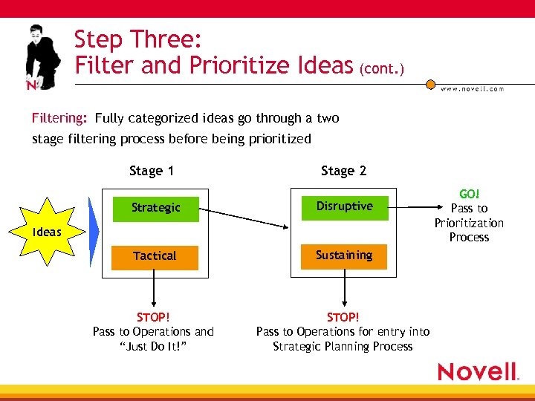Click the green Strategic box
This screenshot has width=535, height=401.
click(155, 207)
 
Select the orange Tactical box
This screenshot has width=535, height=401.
click(155, 256)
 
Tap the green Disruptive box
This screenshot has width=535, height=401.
click(344, 206)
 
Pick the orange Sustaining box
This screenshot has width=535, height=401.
click(344, 255)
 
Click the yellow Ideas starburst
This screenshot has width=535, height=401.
click(47, 232)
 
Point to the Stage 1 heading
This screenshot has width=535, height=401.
click(151, 171)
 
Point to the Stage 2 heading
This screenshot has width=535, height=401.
click(343, 171)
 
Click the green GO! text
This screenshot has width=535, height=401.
click(469, 194)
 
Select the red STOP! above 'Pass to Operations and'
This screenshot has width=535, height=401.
click(154, 317)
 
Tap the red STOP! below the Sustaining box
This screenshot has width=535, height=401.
click(343, 317)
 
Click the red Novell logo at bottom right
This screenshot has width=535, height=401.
click(478, 371)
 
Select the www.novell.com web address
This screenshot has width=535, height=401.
click(472, 88)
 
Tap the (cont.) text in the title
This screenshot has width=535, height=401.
click(381, 70)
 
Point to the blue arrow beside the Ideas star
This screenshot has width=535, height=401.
click(93, 232)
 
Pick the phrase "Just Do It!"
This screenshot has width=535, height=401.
click(154, 346)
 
